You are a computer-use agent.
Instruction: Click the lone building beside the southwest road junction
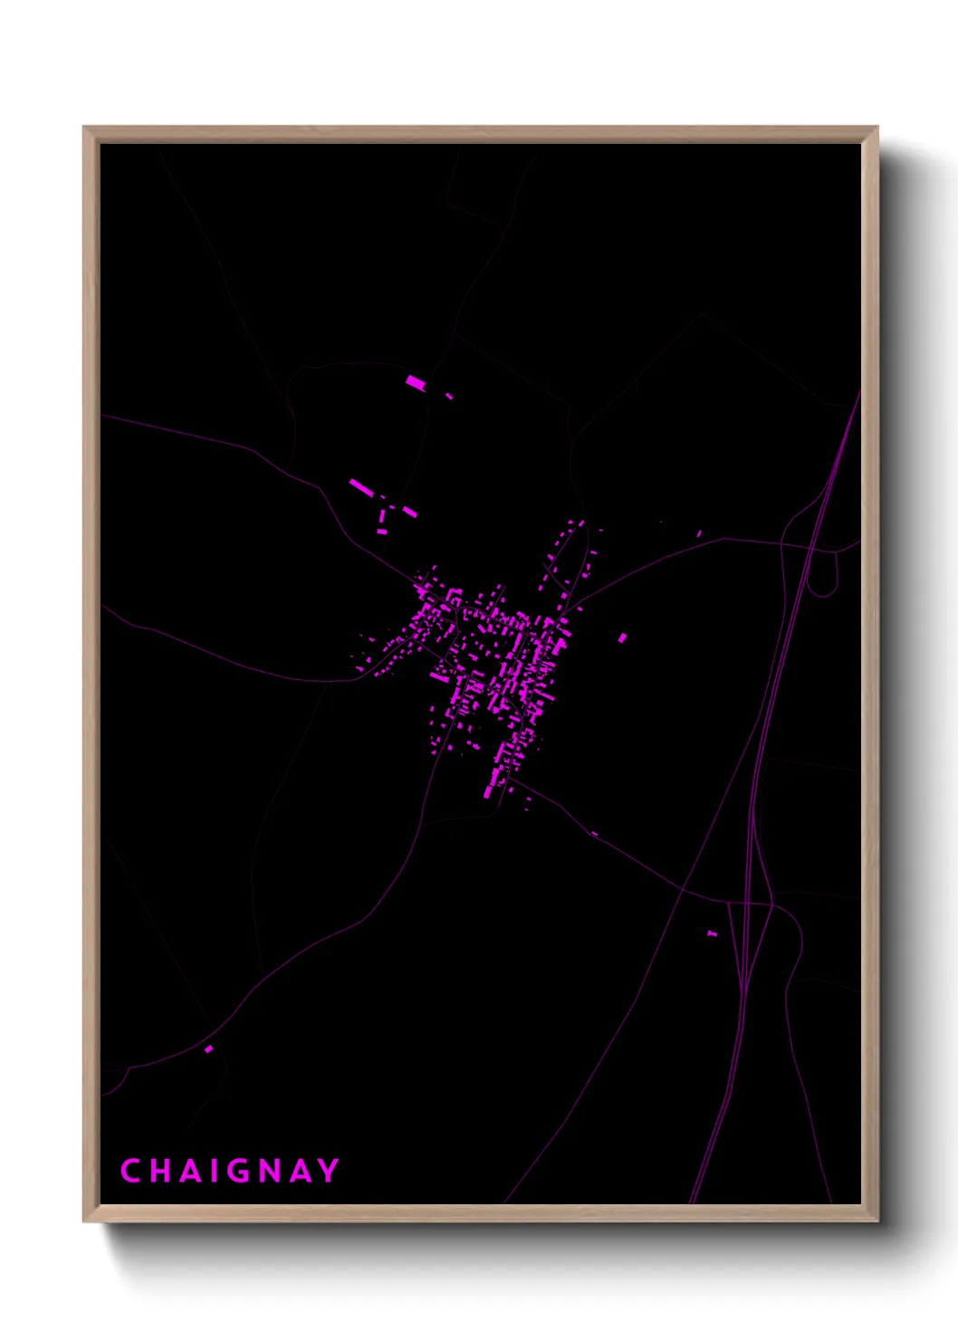point(209,1048)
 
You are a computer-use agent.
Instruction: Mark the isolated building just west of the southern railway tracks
point(712,933)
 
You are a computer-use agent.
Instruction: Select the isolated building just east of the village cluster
point(622,638)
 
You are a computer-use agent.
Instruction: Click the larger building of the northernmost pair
point(415,383)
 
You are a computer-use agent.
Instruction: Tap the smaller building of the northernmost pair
point(449,396)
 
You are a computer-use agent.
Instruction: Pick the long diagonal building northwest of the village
point(360,488)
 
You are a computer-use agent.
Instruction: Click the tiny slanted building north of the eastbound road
point(699,533)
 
